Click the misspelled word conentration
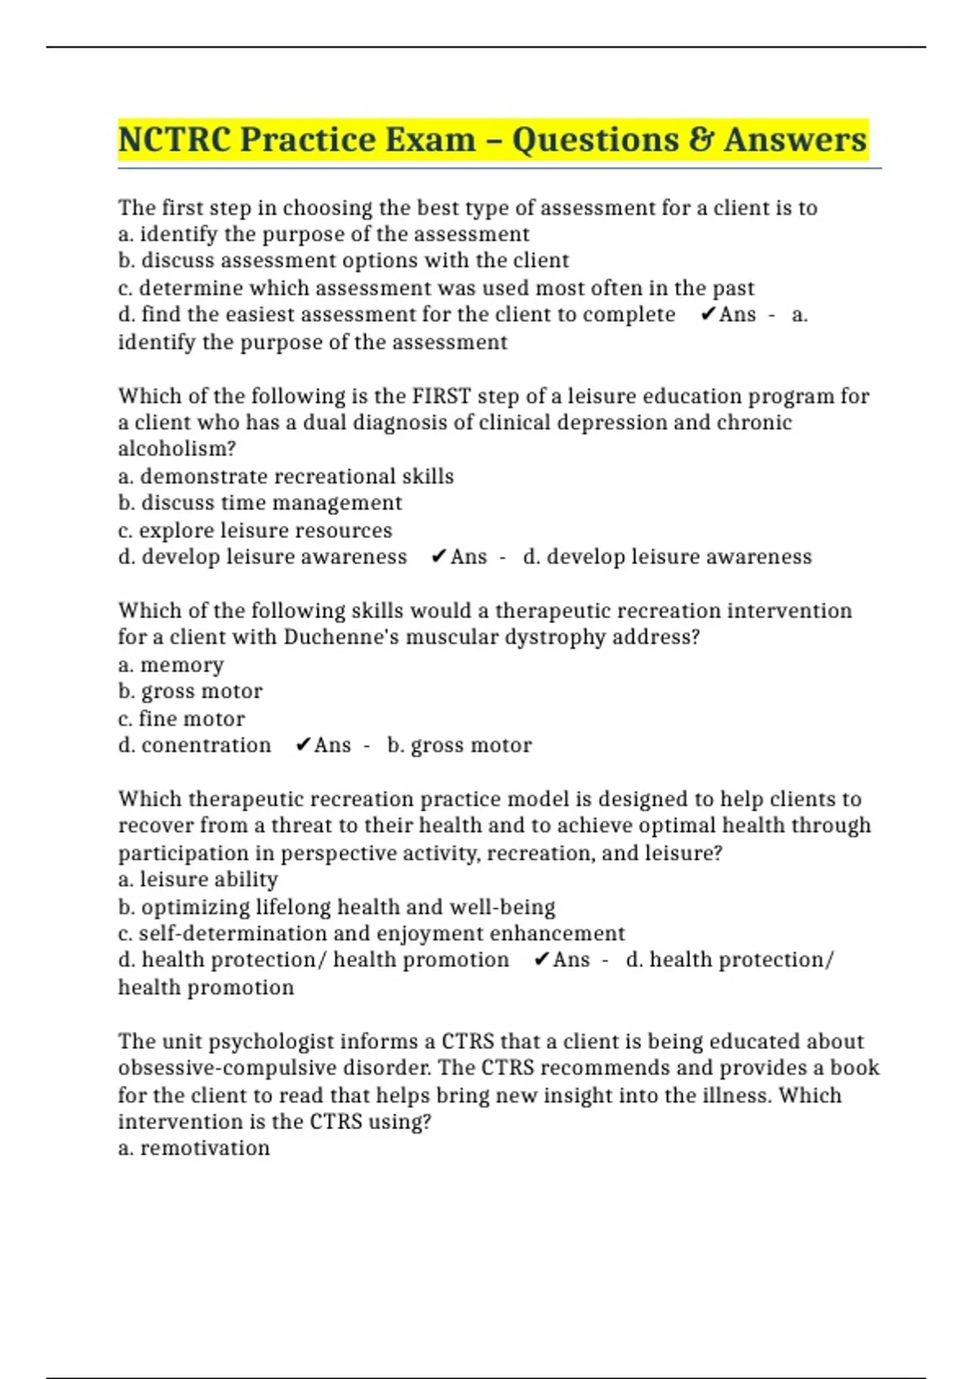[x=206, y=745]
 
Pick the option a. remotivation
[x=194, y=1148]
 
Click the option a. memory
[x=170, y=664]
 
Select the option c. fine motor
[x=181, y=719]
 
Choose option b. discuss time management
[x=259, y=503]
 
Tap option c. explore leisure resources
[x=255, y=531]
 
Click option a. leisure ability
[x=198, y=879]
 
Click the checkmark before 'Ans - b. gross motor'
[x=303, y=745]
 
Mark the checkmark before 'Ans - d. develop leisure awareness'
[x=439, y=556]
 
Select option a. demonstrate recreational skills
[x=285, y=476]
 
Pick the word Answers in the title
[x=795, y=140]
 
